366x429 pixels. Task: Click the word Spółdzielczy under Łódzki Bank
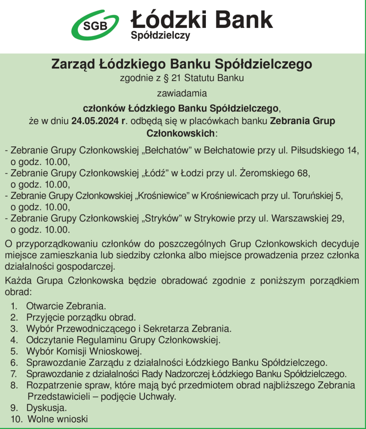pyautogui.click(x=160, y=35)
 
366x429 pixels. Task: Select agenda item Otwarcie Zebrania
pyautogui.click(x=66, y=306)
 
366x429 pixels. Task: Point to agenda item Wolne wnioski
pyautogui.click(x=58, y=418)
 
